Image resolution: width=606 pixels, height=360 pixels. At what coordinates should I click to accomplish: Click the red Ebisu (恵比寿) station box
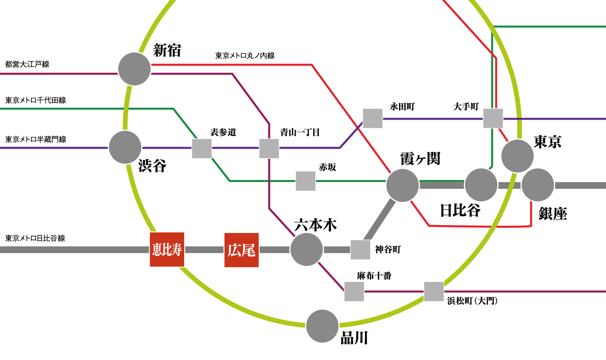tap(167, 250)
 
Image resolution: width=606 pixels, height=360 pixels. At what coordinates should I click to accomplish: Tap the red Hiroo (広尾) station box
tap(242, 250)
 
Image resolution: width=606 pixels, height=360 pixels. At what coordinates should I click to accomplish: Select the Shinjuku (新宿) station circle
tap(134, 69)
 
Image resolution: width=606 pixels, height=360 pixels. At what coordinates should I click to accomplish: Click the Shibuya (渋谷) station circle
tap(125, 147)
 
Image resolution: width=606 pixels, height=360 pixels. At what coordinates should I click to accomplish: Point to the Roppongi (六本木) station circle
tap(307, 249)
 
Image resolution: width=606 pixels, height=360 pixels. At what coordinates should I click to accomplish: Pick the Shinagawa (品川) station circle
tap(322, 326)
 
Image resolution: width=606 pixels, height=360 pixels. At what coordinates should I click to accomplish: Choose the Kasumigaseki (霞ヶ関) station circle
tap(403, 185)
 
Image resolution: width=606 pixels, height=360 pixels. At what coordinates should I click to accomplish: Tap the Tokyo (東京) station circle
tap(517, 156)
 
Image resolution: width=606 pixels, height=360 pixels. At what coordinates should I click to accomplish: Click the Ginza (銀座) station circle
tap(538, 185)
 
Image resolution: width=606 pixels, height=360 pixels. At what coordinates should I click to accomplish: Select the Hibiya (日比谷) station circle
tap(481, 185)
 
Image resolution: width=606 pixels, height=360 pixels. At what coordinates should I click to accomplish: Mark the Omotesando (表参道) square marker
tap(202, 148)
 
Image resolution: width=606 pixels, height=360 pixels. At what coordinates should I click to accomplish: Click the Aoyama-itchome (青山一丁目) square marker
tap(269, 148)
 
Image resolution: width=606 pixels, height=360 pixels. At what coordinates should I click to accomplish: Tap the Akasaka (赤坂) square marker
tap(306, 181)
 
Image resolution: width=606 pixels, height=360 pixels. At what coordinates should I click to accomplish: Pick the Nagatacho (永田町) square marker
tap(373, 118)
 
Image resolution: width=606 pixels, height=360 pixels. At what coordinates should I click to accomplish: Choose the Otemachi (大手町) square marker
tap(493, 118)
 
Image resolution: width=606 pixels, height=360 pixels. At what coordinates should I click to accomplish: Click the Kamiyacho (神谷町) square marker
tap(361, 250)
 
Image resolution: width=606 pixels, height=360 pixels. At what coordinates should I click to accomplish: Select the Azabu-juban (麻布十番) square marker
tap(354, 291)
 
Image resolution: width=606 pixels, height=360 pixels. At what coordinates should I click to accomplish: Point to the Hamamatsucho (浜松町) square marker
tap(434, 291)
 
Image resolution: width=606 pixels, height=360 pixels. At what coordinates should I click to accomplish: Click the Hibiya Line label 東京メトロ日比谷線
tap(35, 238)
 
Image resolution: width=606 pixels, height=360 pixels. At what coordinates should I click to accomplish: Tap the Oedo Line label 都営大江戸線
tap(27, 64)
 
